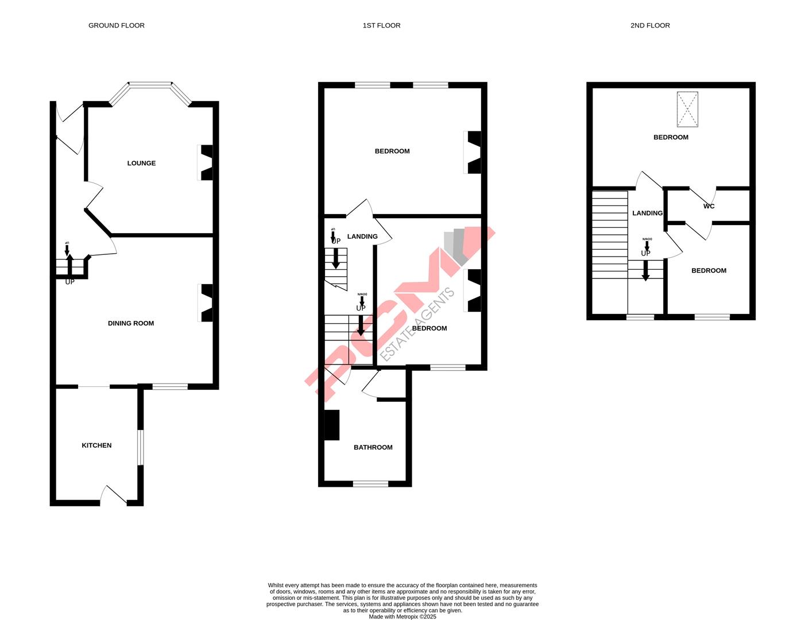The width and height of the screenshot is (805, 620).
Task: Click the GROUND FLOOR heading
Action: pos(116,25)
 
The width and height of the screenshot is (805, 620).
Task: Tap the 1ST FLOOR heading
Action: pos(381,25)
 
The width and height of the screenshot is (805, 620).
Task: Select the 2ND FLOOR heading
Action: pos(650,25)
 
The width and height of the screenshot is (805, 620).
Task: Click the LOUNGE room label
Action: pos(141,163)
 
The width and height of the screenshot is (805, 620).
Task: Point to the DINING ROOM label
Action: pos(131,323)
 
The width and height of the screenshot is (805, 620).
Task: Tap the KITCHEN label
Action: pos(96,445)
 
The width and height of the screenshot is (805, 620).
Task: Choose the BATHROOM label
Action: pos(373,447)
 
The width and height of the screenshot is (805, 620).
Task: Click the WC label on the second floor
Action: pos(709,206)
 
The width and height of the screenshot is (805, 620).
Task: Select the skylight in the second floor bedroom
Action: pos(687,109)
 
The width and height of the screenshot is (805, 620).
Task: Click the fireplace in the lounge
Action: pos(206,162)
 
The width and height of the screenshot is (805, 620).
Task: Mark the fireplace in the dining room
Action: pos(206,303)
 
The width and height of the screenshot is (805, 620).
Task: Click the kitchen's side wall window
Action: pos(140,447)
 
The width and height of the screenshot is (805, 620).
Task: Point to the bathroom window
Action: pos(370,483)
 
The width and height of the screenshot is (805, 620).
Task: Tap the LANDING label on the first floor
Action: pos(362,237)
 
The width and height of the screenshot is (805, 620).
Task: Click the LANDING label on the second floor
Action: pos(647,213)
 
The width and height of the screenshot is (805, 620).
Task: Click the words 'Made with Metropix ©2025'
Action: pos(402,617)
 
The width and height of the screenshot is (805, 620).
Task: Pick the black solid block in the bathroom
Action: pos(332,425)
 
